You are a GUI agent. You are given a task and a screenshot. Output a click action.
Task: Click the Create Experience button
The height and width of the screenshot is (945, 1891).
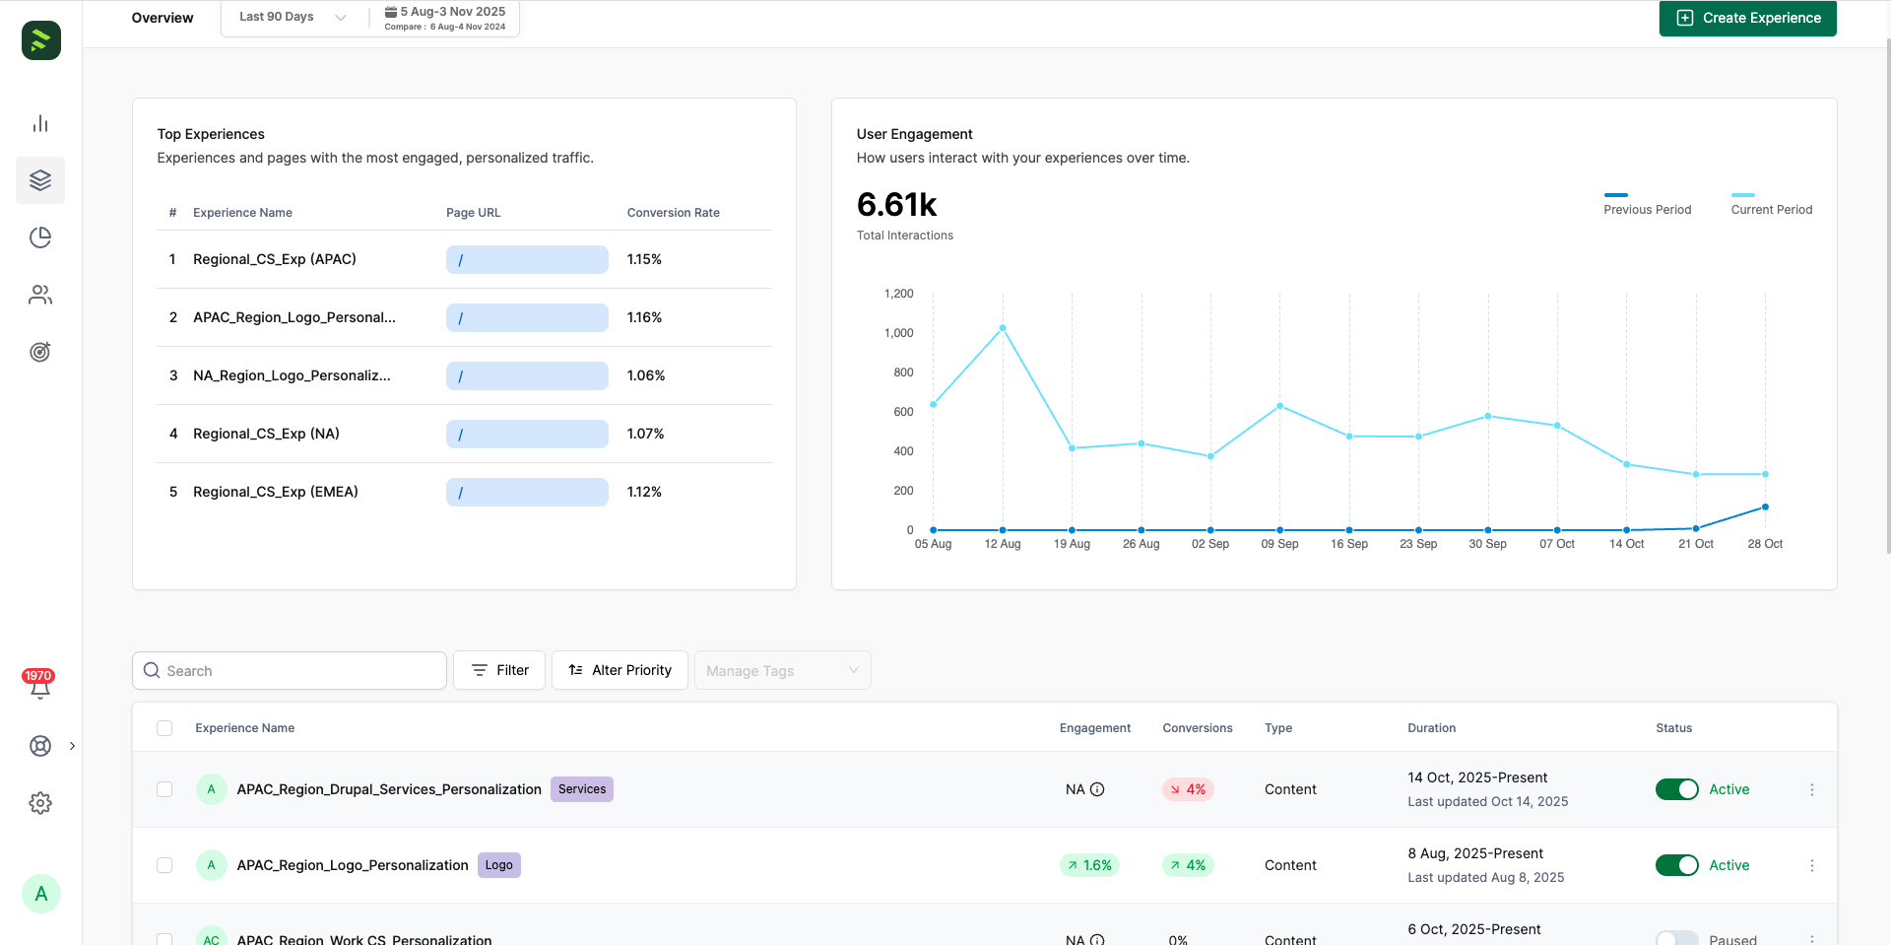coord(1747,18)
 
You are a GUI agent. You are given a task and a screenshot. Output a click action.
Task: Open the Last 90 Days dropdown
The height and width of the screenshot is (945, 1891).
coord(293,17)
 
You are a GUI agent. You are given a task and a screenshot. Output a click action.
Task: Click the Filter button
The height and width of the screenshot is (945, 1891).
coord(499,670)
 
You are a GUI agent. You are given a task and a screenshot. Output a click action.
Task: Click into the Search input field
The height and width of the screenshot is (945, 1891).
coord(295,671)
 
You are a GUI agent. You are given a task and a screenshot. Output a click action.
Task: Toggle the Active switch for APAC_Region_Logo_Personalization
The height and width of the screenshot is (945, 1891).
coord(1676,865)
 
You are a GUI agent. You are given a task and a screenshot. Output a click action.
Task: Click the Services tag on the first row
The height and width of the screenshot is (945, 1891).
coord(581,789)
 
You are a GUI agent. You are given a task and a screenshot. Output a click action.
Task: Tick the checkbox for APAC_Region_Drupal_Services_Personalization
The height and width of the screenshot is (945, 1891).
coord(164,789)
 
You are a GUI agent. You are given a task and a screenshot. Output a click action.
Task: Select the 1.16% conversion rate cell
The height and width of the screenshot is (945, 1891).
coord(644,317)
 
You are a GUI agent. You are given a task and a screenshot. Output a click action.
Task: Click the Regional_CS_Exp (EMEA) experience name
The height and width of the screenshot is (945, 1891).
coord(276,492)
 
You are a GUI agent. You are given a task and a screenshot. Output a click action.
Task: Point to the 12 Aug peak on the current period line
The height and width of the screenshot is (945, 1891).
coord(1003,328)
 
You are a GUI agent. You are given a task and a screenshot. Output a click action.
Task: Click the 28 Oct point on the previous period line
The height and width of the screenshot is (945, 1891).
coord(1765,507)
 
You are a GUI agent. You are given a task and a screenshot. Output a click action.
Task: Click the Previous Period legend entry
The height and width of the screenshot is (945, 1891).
coord(1647,209)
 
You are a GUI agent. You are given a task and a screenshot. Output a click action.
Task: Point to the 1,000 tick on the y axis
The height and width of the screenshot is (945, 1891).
coord(898,333)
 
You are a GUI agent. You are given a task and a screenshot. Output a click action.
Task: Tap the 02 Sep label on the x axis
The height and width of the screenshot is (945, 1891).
coord(1209,544)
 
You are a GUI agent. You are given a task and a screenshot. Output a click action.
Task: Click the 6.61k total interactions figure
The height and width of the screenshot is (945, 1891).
coord(896,205)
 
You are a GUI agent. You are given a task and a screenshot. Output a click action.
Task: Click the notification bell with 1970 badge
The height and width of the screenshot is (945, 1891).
coord(40,688)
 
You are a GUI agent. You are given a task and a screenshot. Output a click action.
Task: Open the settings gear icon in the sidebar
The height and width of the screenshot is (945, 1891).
coord(40,803)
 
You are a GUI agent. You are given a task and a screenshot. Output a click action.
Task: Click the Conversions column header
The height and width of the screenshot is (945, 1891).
coord(1197,728)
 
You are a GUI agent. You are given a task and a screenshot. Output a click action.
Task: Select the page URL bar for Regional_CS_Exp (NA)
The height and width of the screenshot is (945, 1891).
coord(527,434)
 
